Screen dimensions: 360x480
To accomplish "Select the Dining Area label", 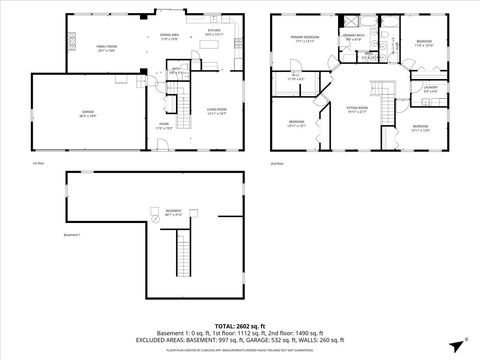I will [x=168, y=37].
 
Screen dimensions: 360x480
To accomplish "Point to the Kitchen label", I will [x=213, y=32].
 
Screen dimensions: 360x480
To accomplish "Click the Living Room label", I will [x=216, y=110].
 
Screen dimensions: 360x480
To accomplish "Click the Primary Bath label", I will [x=354, y=39].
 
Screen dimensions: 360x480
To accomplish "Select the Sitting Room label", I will [x=357, y=108].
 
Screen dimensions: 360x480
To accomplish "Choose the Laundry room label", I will [x=430, y=89].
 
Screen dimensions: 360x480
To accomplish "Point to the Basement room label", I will [x=174, y=213].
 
